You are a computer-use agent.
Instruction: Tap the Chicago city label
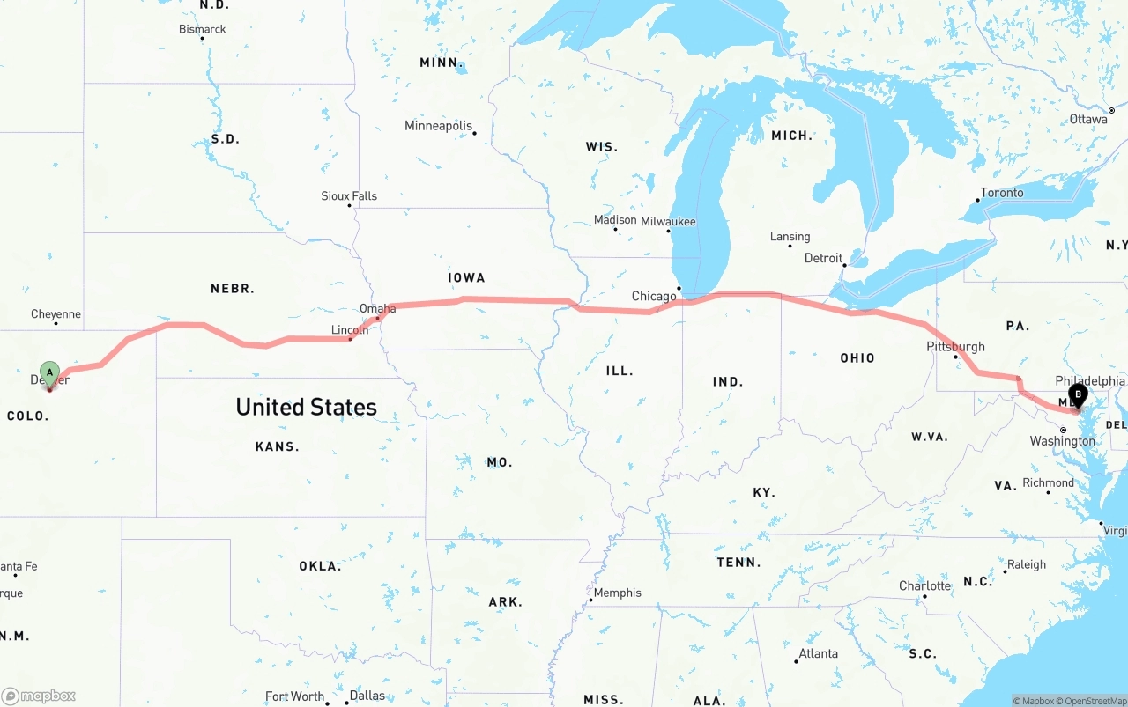(x=654, y=296)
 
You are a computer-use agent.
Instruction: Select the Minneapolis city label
(x=438, y=126)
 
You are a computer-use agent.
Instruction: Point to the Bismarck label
(x=202, y=29)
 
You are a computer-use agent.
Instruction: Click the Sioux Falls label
(x=348, y=195)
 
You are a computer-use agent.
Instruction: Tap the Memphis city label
(x=617, y=593)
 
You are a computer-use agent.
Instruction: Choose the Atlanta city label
(x=818, y=653)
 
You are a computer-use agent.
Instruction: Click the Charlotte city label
(x=924, y=585)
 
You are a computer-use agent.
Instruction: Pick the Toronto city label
(x=1002, y=193)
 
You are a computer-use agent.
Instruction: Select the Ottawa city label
(x=1088, y=119)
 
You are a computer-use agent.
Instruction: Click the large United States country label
(x=306, y=407)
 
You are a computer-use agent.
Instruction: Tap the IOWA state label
(x=466, y=277)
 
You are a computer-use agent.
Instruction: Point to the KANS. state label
(x=277, y=446)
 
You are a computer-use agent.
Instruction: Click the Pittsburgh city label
(x=955, y=346)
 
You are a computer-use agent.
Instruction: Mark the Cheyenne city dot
(x=56, y=323)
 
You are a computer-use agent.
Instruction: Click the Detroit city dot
(x=844, y=265)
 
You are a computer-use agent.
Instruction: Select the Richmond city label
(x=1048, y=482)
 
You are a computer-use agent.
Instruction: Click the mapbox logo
(x=39, y=696)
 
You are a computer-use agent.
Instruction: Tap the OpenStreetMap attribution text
(x=1094, y=701)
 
